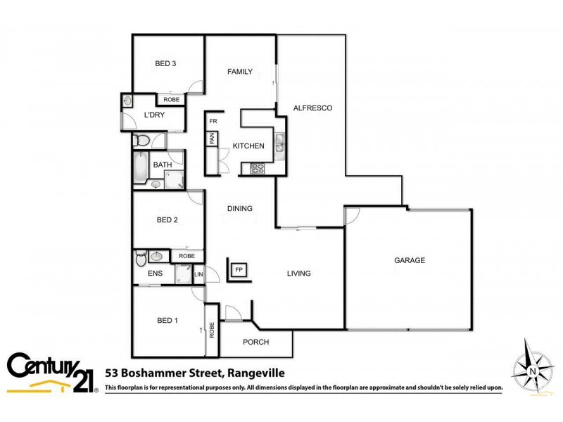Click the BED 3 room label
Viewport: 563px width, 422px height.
(165, 64)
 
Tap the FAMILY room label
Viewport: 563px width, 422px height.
(239, 72)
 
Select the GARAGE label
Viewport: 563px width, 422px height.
(409, 260)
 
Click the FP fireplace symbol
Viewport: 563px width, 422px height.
(239, 269)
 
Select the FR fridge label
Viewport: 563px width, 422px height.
(213, 122)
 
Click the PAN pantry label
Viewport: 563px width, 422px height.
(211, 139)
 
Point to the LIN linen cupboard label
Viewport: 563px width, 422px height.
(198, 274)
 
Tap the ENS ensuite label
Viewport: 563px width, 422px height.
(155, 274)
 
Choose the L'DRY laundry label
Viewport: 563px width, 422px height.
(154, 115)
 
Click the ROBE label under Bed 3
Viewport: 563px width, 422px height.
(172, 100)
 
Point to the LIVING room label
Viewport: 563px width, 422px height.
(298, 274)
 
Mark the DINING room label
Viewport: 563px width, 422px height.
(239, 208)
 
